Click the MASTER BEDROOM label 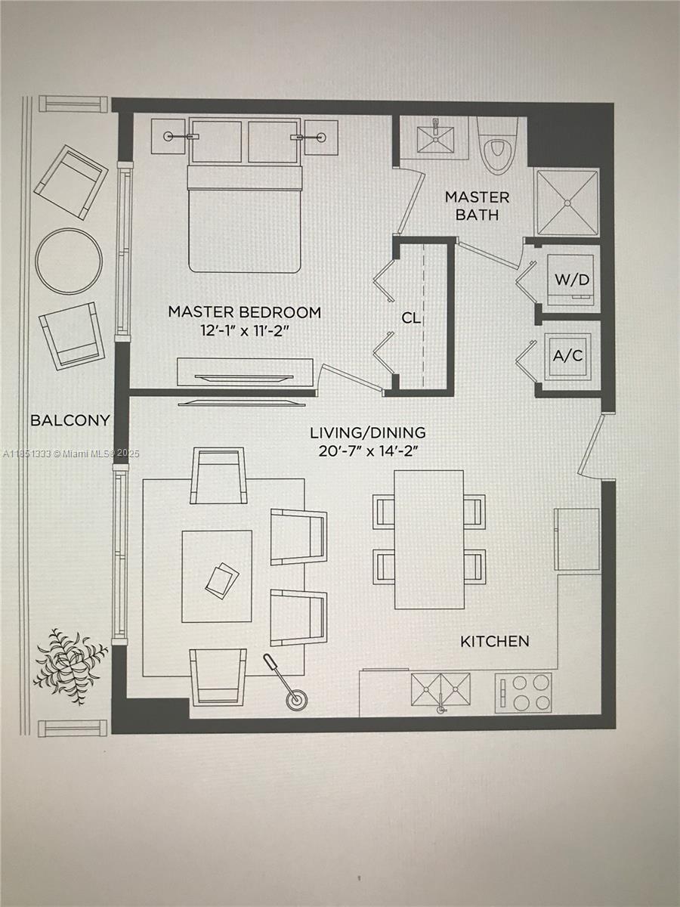pyautogui.click(x=244, y=311)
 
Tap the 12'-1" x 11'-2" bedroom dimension pyautogui.click(x=244, y=330)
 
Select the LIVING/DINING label pyautogui.click(x=367, y=433)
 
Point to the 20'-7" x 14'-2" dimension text pyautogui.click(x=367, y=451)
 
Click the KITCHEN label pyautogui.click(x=495, y=642)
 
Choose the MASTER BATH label pyautogui.click(x=477, y=206)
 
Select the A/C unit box pyautogui.click(x=568, y=356)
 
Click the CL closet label pyautogui.click(x=411, y=318)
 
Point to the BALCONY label pyautogui.click(x=70, y=420)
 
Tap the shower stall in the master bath pyautogui.click(x=567, y=202)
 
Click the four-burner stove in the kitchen pyautogui.click(x=523, y=692)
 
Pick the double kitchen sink pyautogui.click(x=440, y=689)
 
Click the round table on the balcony pyautogui.click(x=70, y=261)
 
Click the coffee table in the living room pyautogui.click(x=217, y=576)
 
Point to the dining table pyautogui.click(x=429, y=539)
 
